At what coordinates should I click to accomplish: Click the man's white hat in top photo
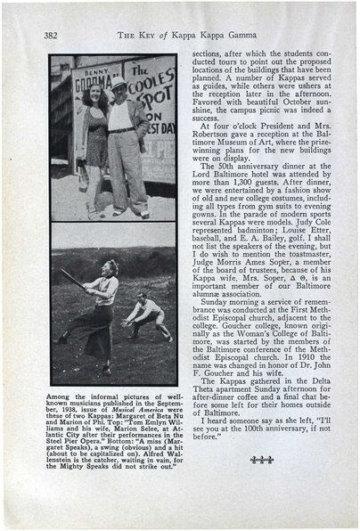(119, 83)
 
